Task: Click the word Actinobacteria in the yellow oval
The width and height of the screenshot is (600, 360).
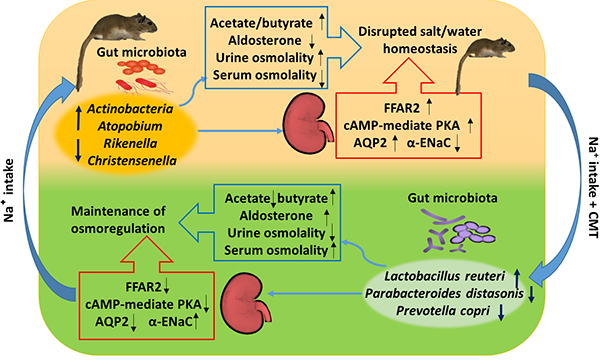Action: pos(130,109)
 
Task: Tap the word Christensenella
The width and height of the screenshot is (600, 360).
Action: pos(132,161)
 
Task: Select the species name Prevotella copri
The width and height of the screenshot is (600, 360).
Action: pos(443,311)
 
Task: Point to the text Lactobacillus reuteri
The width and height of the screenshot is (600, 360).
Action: pos(445,276)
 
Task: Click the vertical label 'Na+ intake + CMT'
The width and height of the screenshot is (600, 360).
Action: pos(592,187)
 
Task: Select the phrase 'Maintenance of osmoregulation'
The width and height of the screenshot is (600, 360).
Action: pos(118,220)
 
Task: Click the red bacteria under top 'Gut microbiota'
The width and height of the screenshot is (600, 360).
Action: pos(142,77)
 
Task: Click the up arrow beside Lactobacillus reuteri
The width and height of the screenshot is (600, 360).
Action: pos(517,278)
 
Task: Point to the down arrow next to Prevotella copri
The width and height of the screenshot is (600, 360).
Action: pos(502,312)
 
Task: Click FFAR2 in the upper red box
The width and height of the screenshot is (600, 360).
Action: pos(402,108)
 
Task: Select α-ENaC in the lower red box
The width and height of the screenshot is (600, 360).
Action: pos(171,322)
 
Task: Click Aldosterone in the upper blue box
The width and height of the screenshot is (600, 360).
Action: pos(265,41)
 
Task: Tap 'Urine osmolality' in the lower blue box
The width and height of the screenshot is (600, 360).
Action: pos(276,233)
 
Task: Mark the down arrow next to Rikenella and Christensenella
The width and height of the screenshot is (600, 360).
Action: pos(78,150)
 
